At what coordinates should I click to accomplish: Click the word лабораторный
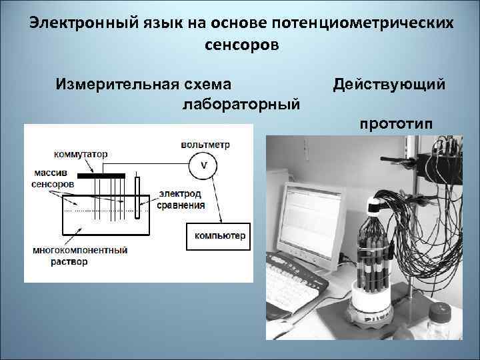pos(241,105)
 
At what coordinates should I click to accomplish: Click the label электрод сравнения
pos(181,199)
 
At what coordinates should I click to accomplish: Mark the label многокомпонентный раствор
pos(79,256)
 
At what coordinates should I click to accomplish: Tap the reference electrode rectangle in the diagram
pos(137,196)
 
